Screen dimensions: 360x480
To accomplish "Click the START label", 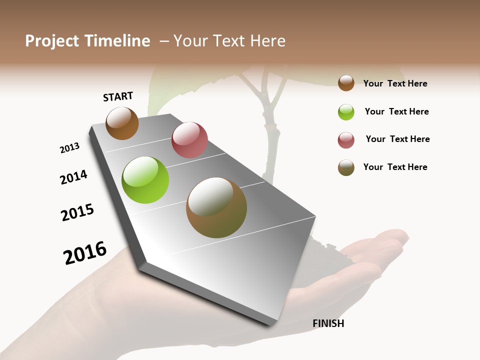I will pos(118,96).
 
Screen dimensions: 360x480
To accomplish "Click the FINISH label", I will pos(328,323).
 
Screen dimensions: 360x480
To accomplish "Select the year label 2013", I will pos(69,148).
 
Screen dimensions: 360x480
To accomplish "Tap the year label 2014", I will pos(73,177).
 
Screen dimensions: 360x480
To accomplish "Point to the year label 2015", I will pos(77,212).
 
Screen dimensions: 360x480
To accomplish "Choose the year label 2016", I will pos(85,253).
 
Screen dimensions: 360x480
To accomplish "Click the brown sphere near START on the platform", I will pos(122,123).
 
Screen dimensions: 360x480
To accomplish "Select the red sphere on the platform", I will pos(189,140).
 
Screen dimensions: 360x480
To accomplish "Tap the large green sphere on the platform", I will pos(145,180).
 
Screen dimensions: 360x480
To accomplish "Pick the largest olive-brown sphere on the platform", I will pos(216,207).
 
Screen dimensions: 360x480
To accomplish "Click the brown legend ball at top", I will pos(346,83).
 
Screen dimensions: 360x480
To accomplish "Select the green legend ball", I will pos(346,112).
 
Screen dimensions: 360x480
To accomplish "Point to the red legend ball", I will pos(346,140).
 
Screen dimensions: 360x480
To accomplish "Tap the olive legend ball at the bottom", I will pos(346,167).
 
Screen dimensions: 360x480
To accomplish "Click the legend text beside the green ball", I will pos(396,111).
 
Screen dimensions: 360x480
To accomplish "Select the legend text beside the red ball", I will pos(397,139).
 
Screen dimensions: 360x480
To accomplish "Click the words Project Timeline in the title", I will pos(87,41).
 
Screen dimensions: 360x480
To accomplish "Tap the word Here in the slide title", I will pos(267,41).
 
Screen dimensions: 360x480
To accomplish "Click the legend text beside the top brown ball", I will pos(395,83).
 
